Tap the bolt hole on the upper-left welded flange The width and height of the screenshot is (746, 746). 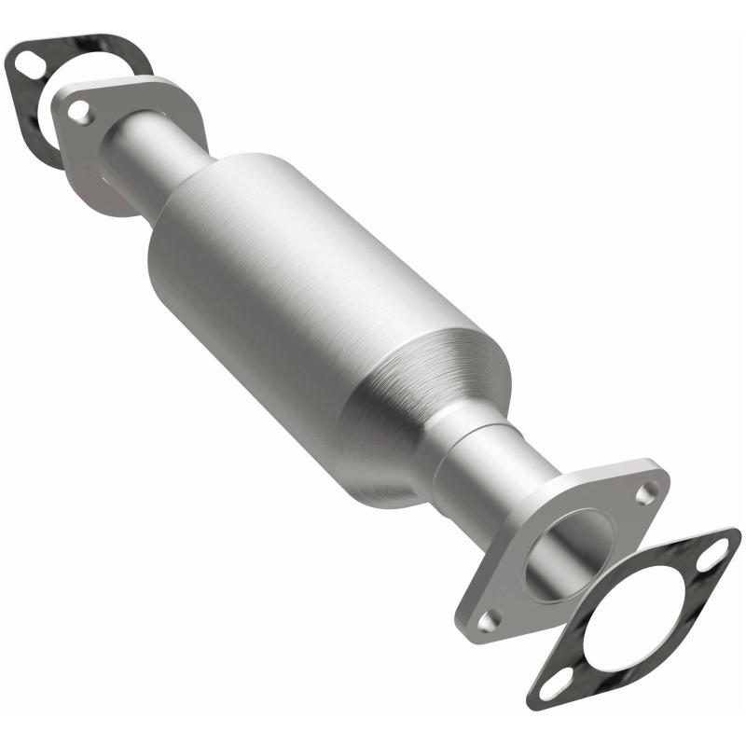pos(81,112)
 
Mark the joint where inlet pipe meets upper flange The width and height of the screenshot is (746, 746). pos(117,140)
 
